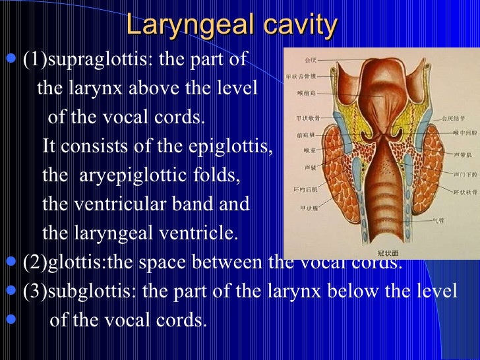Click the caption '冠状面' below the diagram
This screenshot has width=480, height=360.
tap(378, 250)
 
